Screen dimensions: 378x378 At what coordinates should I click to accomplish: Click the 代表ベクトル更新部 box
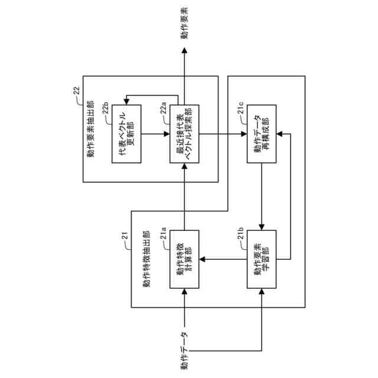[x=126, y=134]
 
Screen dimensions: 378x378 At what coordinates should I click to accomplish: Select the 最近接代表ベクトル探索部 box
[x=184, y=134]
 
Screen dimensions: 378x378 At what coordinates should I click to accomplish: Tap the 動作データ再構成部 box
[x=262, y=134]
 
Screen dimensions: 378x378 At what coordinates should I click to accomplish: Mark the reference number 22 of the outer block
[x=76, y=90]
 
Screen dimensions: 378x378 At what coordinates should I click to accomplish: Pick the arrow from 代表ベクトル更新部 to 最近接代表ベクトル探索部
[x=155, y=134]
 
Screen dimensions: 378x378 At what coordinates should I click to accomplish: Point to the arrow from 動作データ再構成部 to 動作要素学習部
[x=262, y=197]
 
